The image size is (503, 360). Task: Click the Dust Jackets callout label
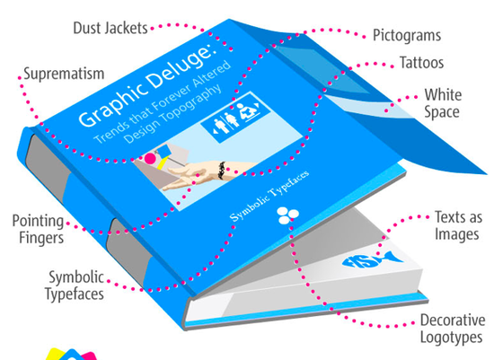110,28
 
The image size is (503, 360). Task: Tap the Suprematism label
64,74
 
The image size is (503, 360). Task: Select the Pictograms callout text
407,36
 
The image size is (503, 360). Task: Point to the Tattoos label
421,63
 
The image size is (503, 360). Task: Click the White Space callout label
443,103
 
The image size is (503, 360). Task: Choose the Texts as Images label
458,225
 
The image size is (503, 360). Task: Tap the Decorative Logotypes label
453,329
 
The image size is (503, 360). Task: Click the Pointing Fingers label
38,229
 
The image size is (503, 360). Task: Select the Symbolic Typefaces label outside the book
75,285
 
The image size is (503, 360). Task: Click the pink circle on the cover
150,158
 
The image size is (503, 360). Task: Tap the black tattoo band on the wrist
221,170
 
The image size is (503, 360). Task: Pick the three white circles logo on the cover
287,215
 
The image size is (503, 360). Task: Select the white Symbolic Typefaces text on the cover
269,196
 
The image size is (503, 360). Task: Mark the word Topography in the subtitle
172,114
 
